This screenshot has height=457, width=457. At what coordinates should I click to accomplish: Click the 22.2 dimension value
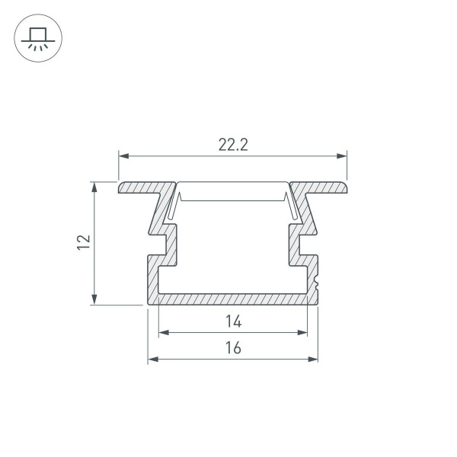point(233,145)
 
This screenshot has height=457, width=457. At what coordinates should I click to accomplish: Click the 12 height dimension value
point(84,242)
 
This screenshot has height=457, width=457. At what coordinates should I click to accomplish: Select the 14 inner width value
point(233,322)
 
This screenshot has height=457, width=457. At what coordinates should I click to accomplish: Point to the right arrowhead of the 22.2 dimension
point(343,157)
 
